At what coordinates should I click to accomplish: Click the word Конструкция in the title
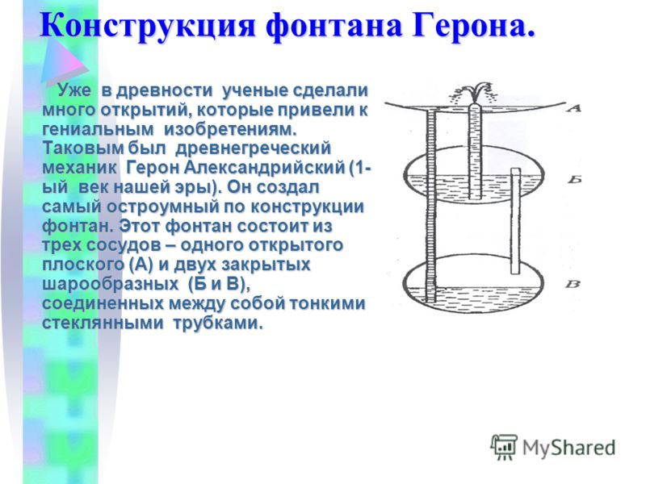coord(149,26)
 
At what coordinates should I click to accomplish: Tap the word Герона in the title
coord(469,26)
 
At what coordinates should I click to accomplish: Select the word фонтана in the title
coord(333,26)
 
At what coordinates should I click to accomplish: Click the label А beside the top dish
coord(573,108)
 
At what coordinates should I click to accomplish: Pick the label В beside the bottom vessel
coord(573,284)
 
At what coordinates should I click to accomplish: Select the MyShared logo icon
coord(503,446)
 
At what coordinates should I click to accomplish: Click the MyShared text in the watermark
coord(568,448)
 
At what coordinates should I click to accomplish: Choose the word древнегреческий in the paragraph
coord(253,148)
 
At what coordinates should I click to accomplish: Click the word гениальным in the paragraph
coord(99,129)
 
